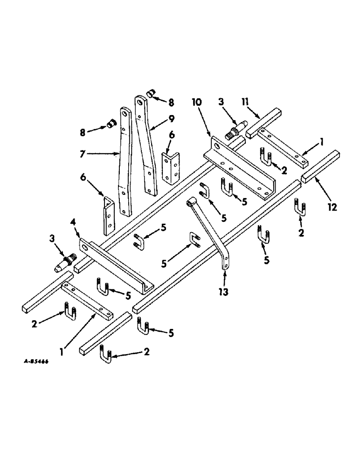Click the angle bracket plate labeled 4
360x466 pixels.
[x=117, y=264]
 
